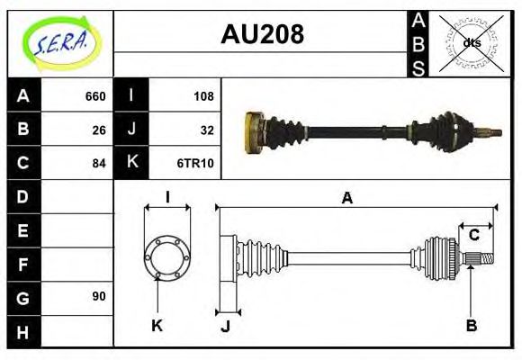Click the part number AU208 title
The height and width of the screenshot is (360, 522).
(262, 34)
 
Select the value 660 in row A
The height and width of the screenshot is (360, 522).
(95, 96)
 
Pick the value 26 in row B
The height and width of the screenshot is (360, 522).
(99, 130)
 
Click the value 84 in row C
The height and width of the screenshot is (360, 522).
(99, 163)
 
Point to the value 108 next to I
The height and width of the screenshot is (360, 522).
(202, 96)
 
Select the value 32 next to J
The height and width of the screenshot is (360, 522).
(206, 130)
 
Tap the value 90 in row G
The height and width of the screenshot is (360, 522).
(99, 296)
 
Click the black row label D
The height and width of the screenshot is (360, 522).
(23, 196)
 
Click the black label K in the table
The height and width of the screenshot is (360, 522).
(131, 163)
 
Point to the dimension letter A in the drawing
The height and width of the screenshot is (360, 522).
(346, 198)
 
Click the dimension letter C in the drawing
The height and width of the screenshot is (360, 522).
(473, 236)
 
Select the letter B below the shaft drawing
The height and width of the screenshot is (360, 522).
(471, 325)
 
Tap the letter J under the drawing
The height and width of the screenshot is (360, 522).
(225, 326)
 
